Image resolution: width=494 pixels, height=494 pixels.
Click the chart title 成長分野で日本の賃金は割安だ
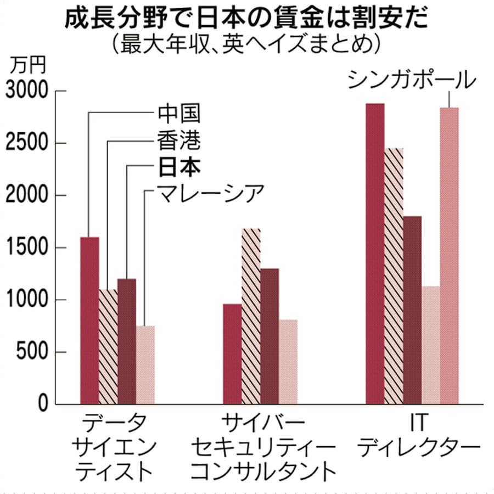click(247, 19)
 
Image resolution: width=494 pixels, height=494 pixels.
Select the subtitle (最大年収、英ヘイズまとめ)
click(247, 44)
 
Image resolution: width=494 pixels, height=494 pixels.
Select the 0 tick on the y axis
click(44, 404)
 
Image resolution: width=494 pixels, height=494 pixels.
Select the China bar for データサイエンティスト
click(89, 321)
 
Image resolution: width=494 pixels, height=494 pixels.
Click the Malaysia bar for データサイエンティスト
click(145, 365)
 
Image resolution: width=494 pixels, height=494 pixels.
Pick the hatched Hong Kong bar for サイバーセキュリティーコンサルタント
click(251, 316)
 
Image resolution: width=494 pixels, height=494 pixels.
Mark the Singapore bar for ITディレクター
click(449, 256)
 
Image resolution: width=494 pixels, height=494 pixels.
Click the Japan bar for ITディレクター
click(412, 310)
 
